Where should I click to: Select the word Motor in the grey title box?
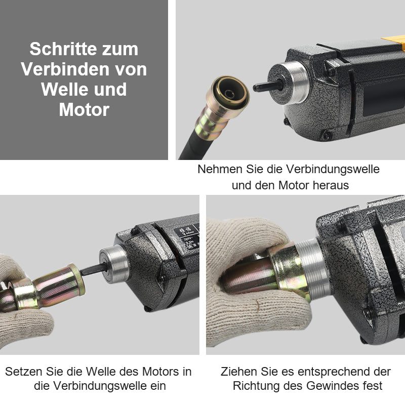point(84,109)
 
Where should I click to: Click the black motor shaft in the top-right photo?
point(266,87)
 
